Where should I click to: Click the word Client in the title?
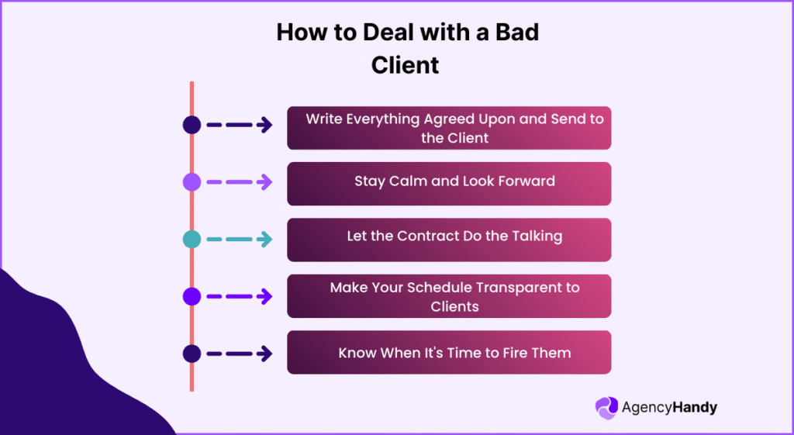(405, 64)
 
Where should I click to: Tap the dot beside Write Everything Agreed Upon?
(192, 125)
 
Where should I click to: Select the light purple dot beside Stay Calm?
(192, 182)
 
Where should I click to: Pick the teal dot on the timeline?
(192, 239)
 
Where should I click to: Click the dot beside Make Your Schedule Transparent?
(192, 296)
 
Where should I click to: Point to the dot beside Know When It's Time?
(192, 354)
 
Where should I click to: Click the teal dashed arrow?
(239, 239)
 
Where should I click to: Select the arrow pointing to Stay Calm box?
(239, 182)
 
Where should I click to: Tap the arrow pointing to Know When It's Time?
(239, 354)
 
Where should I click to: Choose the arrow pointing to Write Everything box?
(239, 125)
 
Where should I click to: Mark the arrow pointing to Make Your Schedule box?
(239, 296)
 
